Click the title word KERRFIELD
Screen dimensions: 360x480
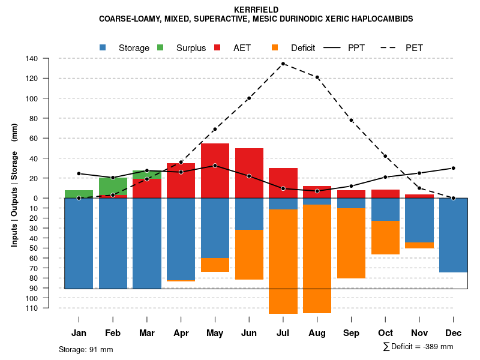(241, 10)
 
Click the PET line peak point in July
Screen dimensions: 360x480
(283, 64)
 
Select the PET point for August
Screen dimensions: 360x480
(317, 77)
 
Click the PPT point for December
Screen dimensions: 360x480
(454, 168)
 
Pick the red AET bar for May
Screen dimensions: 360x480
(215, 170)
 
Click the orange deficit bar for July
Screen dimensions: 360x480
(283, 261)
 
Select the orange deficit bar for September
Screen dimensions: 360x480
(352, 243)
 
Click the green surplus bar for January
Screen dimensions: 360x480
(79, 194)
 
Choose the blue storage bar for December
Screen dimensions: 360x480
(454, 235)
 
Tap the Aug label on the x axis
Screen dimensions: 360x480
(317, 333)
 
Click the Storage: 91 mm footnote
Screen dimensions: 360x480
(86, 349)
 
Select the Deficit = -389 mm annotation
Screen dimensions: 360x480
(418, 347)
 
